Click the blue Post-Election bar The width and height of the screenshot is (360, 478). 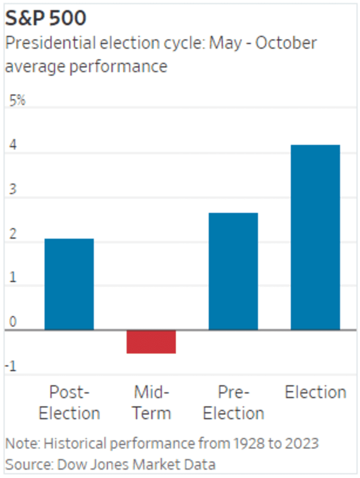pos(69,284)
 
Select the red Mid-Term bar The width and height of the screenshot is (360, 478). pos(151,342)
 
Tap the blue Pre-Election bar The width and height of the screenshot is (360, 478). pos(233,271)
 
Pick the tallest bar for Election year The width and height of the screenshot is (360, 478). pos(315,237)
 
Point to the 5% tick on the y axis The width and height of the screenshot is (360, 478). pos(17,100)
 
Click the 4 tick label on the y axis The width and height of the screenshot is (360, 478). pos(12,145)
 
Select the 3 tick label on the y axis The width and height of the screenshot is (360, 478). pos(12,189)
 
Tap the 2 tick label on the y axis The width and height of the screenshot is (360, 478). pos(12,234)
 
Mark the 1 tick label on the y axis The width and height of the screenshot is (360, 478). pos(12,278)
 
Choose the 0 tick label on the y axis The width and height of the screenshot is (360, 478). pos(12,322)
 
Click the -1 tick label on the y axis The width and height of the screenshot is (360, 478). pos(12,366)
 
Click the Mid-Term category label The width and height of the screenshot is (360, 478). pos(151,402)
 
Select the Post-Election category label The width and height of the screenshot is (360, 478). pos(69,402)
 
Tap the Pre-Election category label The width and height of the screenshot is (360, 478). pos(233,402)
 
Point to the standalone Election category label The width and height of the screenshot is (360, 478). pos(315,393)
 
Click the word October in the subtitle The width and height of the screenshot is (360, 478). pos(285,43)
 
